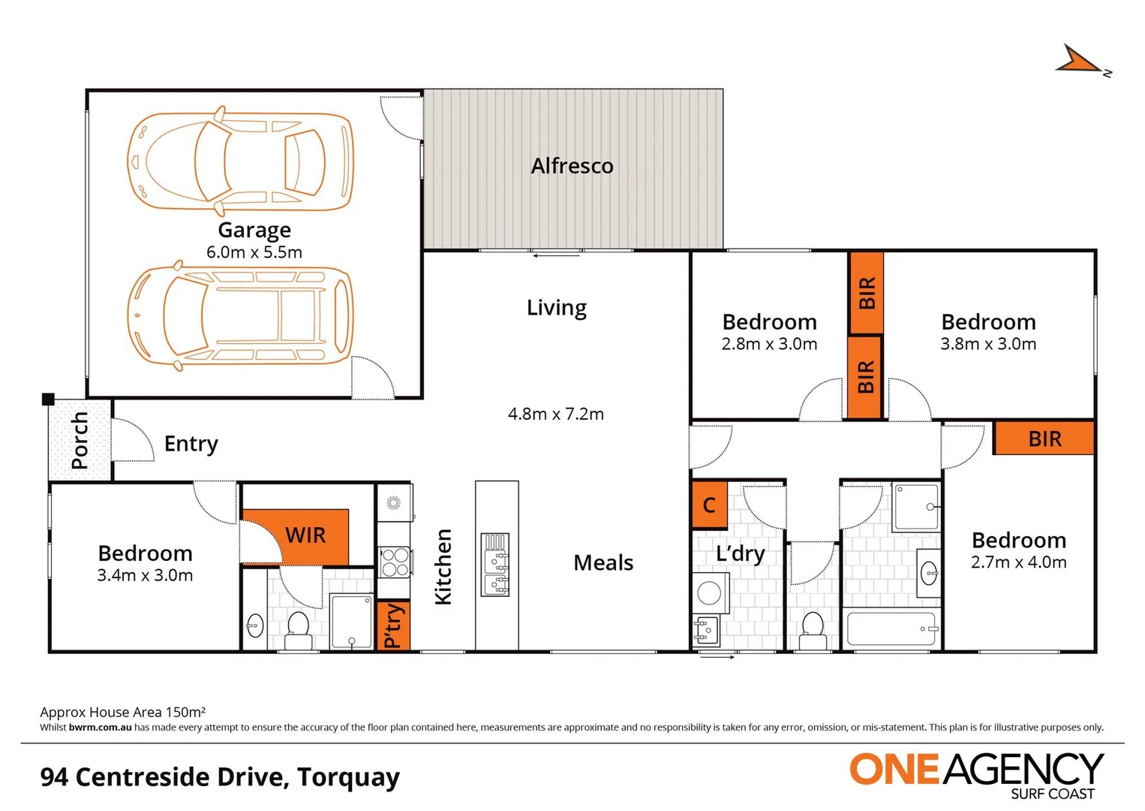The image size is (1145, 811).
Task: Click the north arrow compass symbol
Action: point(1080,61)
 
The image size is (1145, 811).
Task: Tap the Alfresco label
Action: point(572,166)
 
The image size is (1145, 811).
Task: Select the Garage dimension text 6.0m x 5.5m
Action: point(254,252)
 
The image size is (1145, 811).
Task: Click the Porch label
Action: point(80,440)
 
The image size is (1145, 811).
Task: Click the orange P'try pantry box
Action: point(392,626)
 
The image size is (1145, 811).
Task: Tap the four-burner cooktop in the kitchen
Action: point(395,562)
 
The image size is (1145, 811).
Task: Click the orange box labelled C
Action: point(709,505)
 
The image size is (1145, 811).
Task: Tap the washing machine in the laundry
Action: point(710,593)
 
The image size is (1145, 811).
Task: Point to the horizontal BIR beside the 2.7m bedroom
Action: point(1044,439)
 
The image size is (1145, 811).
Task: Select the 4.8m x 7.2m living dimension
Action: point(555,414)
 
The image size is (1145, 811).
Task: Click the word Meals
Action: point(603,562)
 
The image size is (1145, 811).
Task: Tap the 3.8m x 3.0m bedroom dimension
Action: point(988,344)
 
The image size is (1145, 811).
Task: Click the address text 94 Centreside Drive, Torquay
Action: point(220,776)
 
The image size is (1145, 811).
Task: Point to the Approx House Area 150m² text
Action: point(123,712)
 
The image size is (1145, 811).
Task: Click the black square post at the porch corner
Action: point(48,399)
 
